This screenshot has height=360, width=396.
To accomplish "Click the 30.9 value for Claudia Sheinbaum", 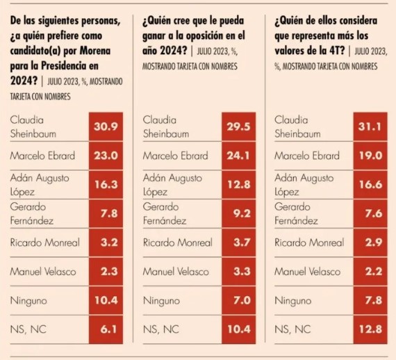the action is tap(106, 126).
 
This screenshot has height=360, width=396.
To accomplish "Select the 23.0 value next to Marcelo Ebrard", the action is tap(106, 156).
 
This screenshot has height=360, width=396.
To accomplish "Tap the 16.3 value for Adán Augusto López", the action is tap(106, 184).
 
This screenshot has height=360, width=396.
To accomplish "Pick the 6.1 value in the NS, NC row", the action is tap(108, 329).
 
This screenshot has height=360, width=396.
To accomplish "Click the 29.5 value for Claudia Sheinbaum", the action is tap(238, 126).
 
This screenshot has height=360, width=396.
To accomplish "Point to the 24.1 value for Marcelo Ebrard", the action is tap(238, 156).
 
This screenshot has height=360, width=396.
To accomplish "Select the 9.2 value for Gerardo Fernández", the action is tap(242, 213).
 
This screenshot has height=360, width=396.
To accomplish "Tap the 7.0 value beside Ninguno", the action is tap(242, 300).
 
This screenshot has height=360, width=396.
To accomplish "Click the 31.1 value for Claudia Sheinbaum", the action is tap(370, 126).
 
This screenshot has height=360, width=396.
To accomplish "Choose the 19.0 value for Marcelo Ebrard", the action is tap(371, 156).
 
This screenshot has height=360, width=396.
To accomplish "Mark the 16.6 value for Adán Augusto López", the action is tap(371, 184).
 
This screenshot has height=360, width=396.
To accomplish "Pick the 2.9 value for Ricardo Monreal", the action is tap(374, 243).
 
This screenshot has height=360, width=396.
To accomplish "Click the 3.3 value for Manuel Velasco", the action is tap(242, 271).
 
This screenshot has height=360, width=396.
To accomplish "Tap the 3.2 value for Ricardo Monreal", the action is tap(109, 243).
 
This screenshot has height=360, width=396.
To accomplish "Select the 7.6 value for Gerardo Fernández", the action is tap(374, 213).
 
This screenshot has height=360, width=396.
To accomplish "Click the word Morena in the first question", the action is tap(95, 51).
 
